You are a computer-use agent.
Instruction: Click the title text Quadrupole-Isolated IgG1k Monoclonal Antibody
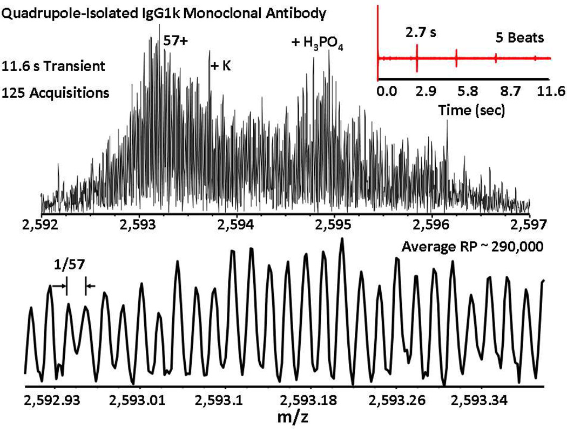[164, 14]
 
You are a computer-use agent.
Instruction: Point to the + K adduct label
[221, 66]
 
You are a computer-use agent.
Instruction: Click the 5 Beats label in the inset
[521, 38]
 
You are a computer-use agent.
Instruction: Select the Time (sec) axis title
[471, 111]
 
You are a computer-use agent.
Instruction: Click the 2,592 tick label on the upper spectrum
[41, 224]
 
